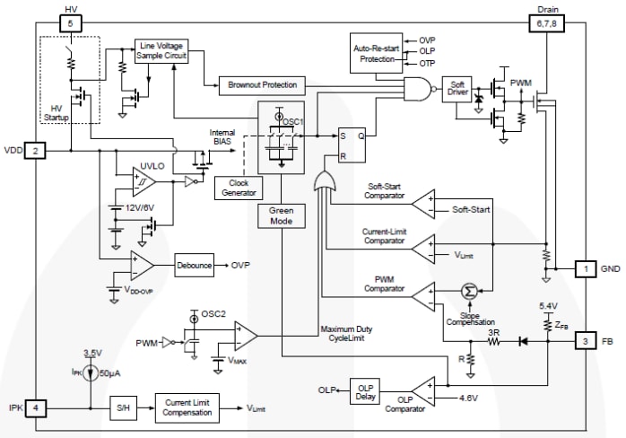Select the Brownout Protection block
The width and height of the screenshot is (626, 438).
point(260,85)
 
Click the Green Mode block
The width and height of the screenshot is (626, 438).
point(281,216)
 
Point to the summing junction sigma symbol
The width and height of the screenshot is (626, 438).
point(467,291)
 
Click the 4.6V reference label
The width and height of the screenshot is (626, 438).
point(469,397)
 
